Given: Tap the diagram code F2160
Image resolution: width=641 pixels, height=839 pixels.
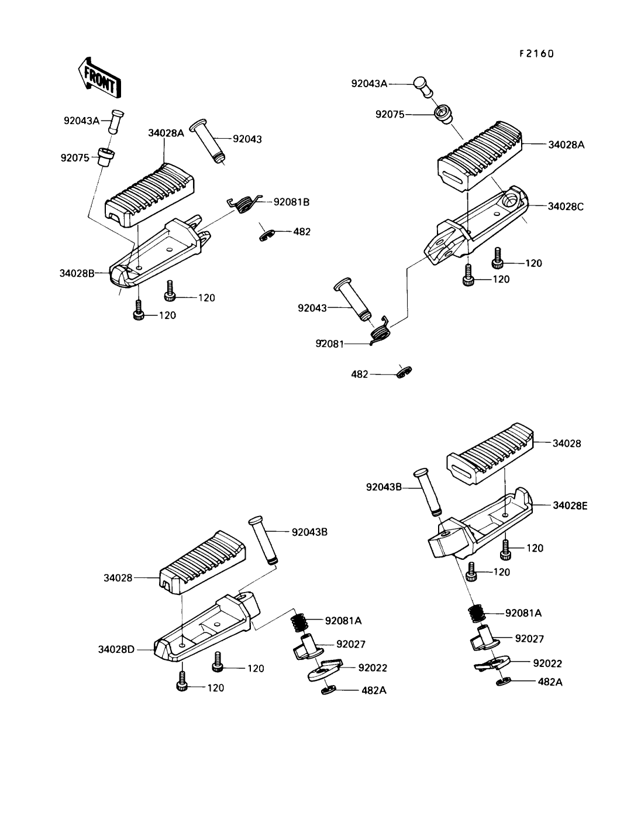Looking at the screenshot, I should (536, 53).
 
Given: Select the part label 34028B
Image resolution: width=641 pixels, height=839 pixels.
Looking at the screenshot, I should (77, 273).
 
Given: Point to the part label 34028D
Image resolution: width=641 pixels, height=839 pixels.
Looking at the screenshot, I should (116, 649).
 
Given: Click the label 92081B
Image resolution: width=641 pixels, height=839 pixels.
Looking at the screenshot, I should (291, 202).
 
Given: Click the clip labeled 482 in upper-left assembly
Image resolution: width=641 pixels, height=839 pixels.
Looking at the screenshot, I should (267, 233).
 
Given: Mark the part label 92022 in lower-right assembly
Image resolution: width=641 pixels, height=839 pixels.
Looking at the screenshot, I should (548, 663).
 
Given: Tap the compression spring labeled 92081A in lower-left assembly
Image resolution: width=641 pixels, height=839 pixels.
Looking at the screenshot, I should (300, 621).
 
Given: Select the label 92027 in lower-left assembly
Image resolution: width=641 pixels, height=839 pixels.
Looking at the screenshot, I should (351, 644).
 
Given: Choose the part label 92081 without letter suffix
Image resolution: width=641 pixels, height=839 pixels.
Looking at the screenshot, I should (331, 344).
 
